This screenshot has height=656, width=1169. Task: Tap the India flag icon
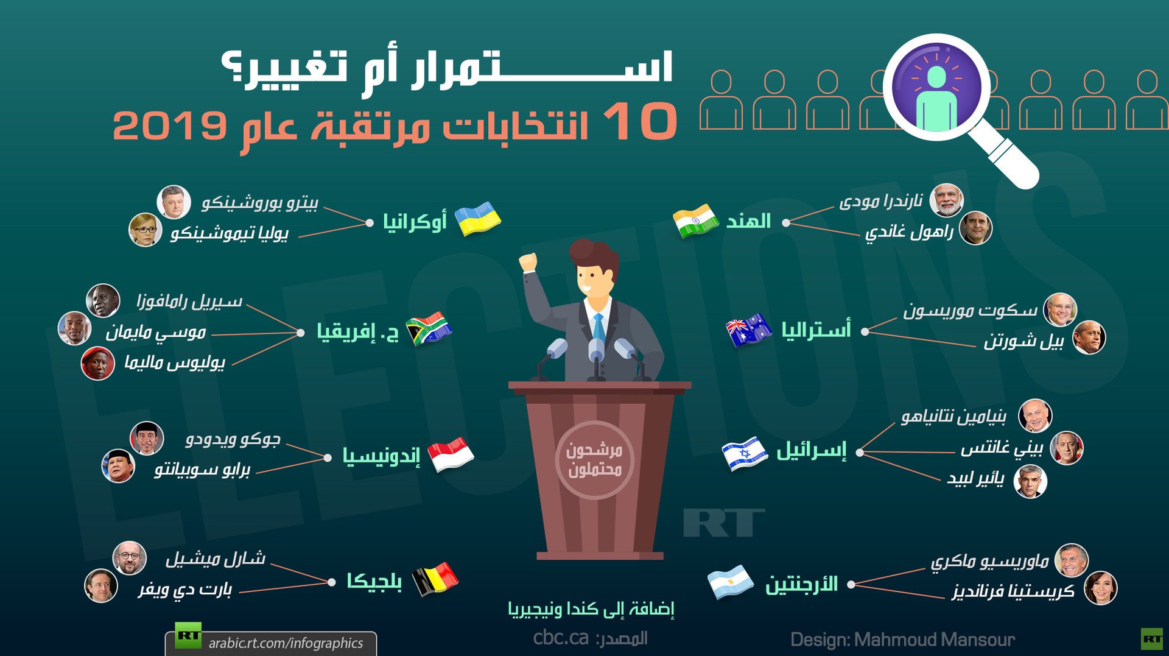point(696,220)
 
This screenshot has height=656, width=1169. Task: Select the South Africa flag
point(429,329)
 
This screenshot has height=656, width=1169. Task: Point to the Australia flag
point(749,330)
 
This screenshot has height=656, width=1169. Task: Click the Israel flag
point(745,454)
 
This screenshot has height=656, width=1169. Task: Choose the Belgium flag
point(435,579)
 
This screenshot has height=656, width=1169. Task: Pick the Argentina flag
point(731,582)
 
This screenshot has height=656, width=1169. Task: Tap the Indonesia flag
point(451,455)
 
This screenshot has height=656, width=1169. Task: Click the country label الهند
point(748,221)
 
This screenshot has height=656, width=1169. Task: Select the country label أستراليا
point(816,330)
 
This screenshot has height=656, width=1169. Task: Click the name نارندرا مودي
point(881,200)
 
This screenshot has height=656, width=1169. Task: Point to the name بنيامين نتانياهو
point(953,417)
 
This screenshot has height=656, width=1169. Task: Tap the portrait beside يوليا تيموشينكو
point(145,230)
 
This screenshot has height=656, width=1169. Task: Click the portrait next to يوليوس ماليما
point(97,364)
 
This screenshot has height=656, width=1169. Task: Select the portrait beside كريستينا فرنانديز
point(1100,588)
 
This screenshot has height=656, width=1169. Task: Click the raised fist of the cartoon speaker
point(528,262)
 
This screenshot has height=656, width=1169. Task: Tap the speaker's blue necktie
point(599,329)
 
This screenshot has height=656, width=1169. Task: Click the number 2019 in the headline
point(170,125)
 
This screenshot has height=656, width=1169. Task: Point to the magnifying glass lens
point(936,87)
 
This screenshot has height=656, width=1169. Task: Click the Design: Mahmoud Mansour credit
point(902,640)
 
